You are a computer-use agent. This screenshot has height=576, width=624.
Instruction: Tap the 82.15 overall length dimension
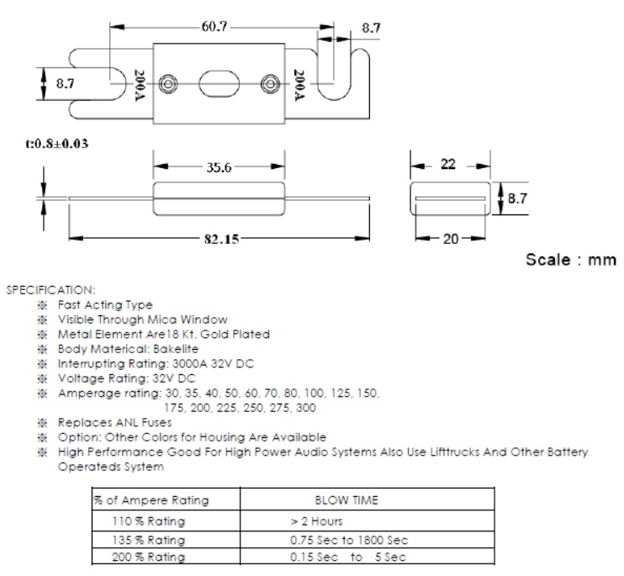click(x=221, y=240)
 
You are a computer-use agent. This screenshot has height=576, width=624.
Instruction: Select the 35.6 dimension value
click(x=219, y=167)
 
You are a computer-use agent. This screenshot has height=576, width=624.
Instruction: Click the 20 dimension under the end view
click(x=450, y=239)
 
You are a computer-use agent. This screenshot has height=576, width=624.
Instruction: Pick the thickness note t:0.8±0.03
click(x=57, y=144)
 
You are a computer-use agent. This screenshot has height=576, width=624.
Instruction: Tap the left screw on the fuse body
click(x=168, y=85)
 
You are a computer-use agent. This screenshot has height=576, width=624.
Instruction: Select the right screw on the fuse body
click(x=270, y=85)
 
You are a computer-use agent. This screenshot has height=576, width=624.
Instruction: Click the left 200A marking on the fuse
click(x=140, y=85)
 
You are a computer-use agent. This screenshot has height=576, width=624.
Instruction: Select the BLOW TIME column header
click(x=346, y=500)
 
